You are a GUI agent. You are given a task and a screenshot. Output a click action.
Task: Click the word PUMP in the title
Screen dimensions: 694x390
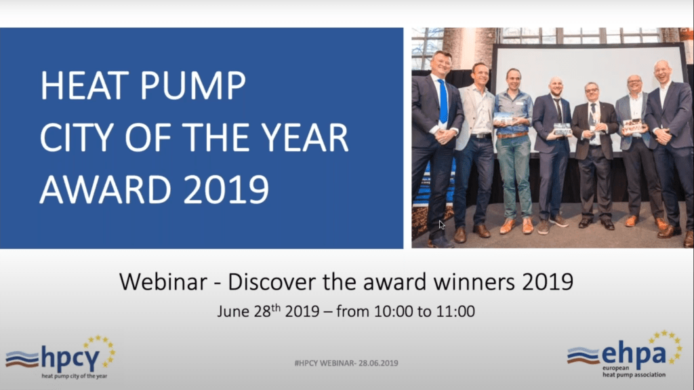pyautogui.click(x=192, y=85)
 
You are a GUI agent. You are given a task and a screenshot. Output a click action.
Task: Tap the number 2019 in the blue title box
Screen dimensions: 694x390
pyautogui.click(x=226, y=190)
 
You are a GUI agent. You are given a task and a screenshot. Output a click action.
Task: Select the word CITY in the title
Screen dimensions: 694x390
pyautogui.click(x=77, y=138)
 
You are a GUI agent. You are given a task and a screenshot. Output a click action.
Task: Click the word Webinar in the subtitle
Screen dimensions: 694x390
pyautogui.click(x=163, y=281)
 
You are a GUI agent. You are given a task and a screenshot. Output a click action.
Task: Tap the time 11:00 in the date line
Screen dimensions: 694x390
pyautogui.click(x=455, y=311)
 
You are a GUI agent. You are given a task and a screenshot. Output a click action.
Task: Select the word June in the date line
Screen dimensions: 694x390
pyautogui.click(x=233, y=311)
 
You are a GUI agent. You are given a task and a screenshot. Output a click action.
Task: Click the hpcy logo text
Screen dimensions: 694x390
pyautogui.click(x=70, y=358)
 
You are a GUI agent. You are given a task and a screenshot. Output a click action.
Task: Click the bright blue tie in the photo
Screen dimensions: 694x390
pyautogui.click(x=443, y=101)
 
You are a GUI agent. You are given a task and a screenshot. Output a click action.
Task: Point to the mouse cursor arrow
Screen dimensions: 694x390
pyautogui.click(x=442, y=225)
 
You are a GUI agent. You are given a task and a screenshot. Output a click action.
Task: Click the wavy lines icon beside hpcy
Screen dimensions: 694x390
pyautogui.click(x=22, y=359)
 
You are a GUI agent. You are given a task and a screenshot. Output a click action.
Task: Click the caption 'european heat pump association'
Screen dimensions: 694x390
pyautogui.click(x=634, y=372)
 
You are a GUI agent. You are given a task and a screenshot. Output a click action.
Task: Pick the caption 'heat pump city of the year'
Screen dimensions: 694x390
pyautogui.click(x=75, y=376)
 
